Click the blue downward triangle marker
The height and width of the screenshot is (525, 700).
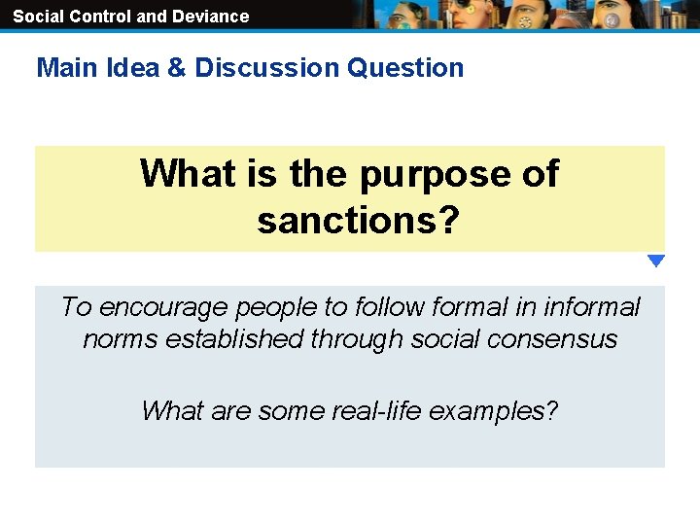click(x=656, y=261)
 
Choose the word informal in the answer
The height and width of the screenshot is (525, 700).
click(x=591, y=307)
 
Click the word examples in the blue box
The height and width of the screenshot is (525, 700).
click(x=492, y=410)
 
